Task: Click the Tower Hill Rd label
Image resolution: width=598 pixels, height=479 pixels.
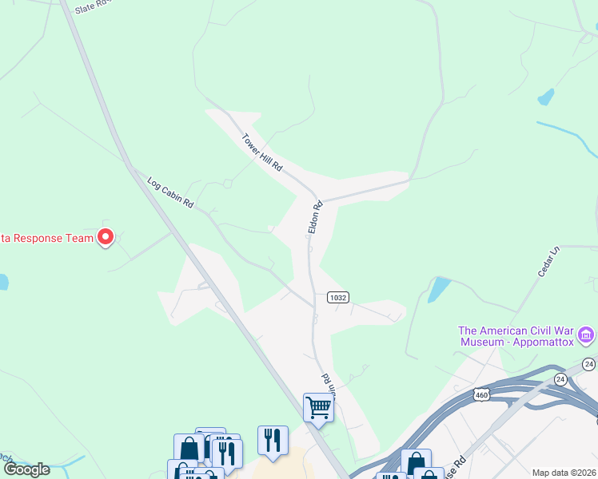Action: pyautogui.click(x=262, y=153)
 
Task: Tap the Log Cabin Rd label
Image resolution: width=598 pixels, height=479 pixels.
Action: pyautogui.click(x=171, y=192)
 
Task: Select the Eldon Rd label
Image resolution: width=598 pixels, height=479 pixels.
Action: pyautogui.click(x=316, y=218)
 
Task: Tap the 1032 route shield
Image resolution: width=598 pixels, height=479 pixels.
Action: pyautogui.click(x=337, y=297)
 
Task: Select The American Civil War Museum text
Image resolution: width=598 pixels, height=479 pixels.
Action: pyautogui.click(x=516, y=336)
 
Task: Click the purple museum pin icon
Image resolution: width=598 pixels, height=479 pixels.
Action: pyautogui.click(x=586, y=335)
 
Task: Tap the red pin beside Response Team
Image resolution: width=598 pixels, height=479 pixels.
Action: pyautogui.click(x=106, y=236)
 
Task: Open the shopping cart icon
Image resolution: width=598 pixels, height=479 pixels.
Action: pyautogui.click(x=318, y=408)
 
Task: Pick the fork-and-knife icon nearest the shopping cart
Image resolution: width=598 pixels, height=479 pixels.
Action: pyautogui.click(x=273, y=440)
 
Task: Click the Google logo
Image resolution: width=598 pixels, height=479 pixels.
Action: pyautogui.click(x=26, y=469)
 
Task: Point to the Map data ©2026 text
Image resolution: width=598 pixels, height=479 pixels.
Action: pyautogui.click(x=564, y=473)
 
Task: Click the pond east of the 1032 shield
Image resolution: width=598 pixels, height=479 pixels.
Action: pyautogui.click(x=438, y=288)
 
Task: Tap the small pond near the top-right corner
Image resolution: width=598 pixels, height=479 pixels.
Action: pyautogui.click(x=546, y=97)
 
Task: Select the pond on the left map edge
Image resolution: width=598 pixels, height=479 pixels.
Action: pyautogui.click(x=3, y=282)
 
